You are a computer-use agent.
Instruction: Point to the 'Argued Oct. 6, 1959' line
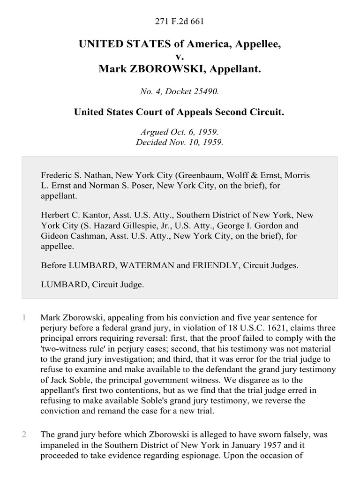point(180,133)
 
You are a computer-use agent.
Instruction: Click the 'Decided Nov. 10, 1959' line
point(180,142)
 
